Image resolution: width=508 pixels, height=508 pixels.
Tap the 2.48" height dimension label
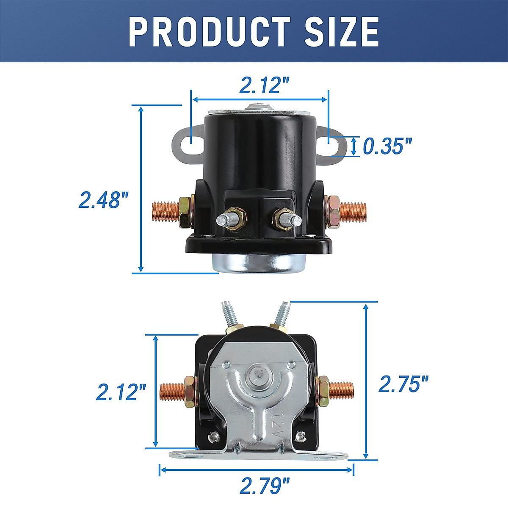pos(104,200)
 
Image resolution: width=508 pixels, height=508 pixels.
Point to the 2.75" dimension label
pos(403,384)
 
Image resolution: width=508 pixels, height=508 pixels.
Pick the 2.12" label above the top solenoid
pos(265,85)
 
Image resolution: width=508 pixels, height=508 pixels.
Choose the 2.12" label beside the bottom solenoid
pos(121,392)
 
